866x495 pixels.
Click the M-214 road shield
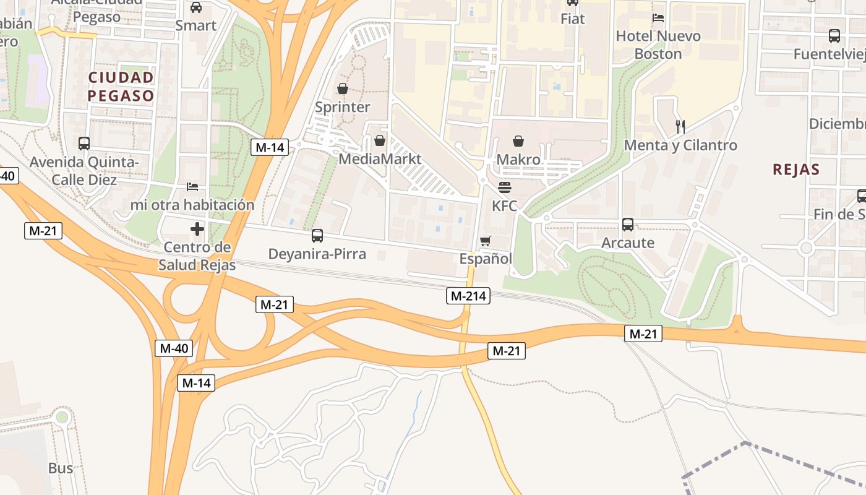tap(468, 296)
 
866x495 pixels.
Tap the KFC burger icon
tap(505, 187)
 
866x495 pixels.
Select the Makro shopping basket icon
tap(518, 142)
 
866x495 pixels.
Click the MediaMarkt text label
tap(380, 159)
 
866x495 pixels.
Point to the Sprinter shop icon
tap(342, 89)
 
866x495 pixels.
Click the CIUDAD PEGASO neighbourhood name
tap(121, 87)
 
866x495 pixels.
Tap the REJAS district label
tap(796, 170)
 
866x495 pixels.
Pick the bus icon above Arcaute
tap(628, 225)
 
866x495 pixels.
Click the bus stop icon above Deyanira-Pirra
tap(317, 236)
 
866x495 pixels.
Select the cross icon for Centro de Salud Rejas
tap(197, 230)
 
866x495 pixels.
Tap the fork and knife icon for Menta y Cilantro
tap(680, 127)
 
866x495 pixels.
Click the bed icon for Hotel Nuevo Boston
tap(658, 18)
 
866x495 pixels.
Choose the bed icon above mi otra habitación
tap(192, 186)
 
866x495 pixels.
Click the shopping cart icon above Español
tap(486, 241)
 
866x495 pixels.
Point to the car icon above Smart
tap(196, 7)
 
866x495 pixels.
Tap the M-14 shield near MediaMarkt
tap(270, 147)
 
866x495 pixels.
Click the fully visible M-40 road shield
tap(174, 348)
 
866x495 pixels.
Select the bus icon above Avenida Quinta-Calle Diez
tap(84, 144)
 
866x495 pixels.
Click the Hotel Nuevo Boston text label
tap(658, 45)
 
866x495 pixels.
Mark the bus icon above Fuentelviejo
tap(834, 36)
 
